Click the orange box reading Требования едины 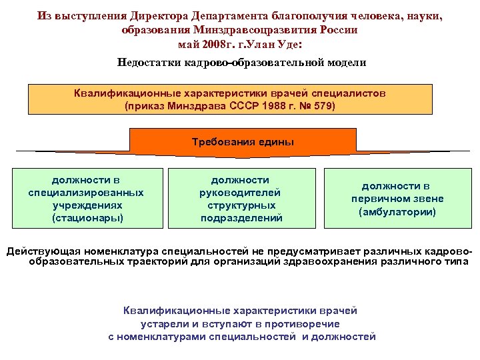click(x=242, y=142)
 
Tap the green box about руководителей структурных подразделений click(x=241, y=198)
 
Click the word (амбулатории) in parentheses click(x=397, y=212)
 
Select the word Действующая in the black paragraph click(x=39, y=251)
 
